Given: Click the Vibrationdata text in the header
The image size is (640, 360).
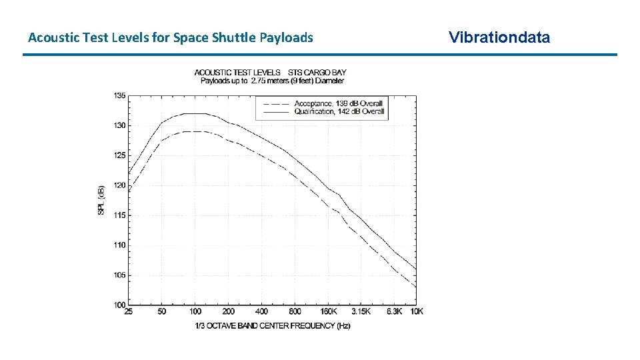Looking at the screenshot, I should point(499,37).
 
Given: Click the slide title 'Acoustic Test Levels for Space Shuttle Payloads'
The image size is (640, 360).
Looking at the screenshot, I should point(170,37).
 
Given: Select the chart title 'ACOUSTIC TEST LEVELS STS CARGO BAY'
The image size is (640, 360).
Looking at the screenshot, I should point(270,72).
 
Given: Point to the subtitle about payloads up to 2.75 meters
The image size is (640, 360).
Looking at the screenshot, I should point(272,81).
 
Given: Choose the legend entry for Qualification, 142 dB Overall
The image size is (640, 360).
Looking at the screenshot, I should point(339,112).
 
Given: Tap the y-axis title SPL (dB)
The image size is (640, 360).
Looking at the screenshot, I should point(101,200).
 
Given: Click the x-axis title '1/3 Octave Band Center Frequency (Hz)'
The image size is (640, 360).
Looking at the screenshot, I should point(272,326).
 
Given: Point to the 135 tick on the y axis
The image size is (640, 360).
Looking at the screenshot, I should point(118,95).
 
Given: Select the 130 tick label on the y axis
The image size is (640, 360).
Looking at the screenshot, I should point(118,125).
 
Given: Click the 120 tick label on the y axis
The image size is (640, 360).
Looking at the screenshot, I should point(118,185).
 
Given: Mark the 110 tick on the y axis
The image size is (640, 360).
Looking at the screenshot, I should point(118,245).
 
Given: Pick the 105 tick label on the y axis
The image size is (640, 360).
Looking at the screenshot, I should point(118,275).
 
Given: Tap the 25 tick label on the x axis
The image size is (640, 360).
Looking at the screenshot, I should point(128,312).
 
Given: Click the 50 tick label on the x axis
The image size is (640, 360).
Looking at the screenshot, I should point(161,312).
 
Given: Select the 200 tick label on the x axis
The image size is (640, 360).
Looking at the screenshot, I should point(228,312).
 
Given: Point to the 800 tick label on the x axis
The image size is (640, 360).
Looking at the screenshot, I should point(295,312).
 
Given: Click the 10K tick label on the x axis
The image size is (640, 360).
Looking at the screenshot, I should point(416,312).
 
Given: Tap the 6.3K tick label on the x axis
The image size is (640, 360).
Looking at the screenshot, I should point(394,312).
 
